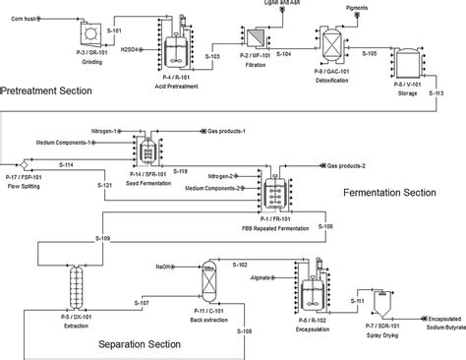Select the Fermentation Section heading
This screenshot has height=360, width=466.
click(x=401, y=193)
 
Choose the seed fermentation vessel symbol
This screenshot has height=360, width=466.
click(x=148, y=148)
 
